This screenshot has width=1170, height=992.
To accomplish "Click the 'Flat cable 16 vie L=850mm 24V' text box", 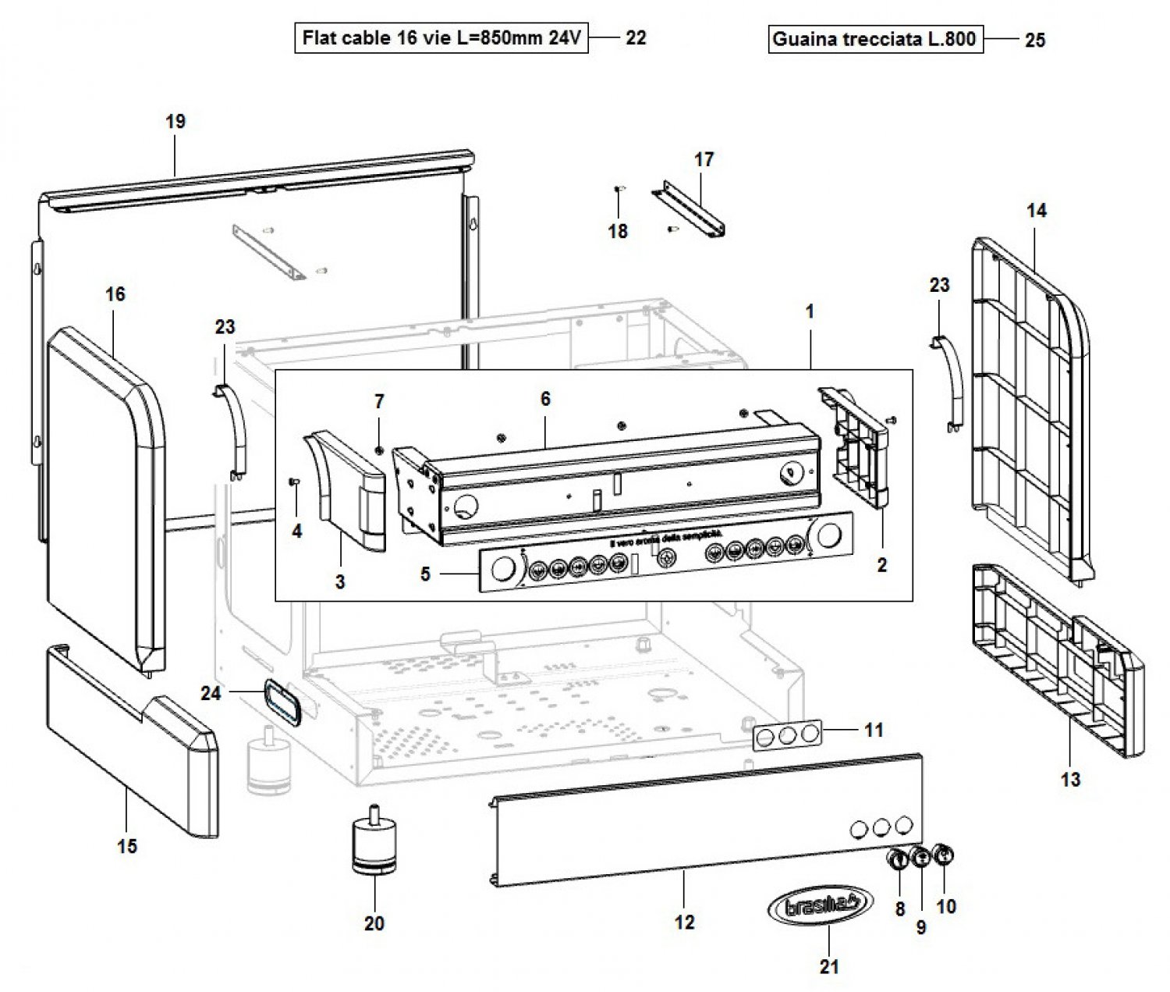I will [x=441, y=37].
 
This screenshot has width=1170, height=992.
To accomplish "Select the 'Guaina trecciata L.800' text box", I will [x=875, y=39].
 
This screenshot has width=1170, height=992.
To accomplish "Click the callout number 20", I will [x=374, y=923].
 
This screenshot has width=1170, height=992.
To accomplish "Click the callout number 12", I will [x=684, y=923].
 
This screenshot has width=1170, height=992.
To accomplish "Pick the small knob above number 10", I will [x=943, y=854].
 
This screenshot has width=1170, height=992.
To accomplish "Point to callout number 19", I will [x=175, y=122].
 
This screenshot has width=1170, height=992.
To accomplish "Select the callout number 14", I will [x=1037, y=211].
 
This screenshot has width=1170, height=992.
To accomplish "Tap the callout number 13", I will [x=1071, y=779].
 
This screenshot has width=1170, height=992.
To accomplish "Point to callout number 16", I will [x=115, y=294].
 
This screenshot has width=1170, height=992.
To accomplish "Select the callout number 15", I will [x=127, y=845].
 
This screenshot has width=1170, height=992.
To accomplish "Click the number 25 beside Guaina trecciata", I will [x=1035, y=40].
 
